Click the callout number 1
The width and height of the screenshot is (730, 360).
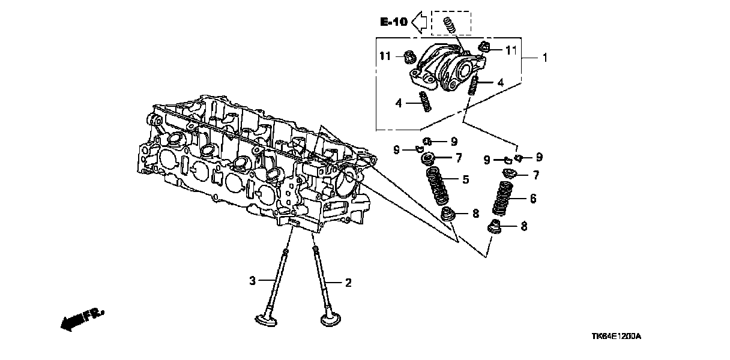coord(544,58)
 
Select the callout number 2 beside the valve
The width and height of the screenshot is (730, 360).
coord(347,282)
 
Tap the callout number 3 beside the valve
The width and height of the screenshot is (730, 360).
coord(253,280)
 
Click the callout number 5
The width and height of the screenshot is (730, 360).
coord(465,179)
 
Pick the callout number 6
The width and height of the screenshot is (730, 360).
coord(532,199)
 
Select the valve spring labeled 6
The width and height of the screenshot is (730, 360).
coord(503,197)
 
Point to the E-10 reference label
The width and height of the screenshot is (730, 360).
coord(393,22)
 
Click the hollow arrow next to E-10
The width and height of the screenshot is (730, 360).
coord(421,22)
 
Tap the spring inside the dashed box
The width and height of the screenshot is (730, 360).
coord(448,25)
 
